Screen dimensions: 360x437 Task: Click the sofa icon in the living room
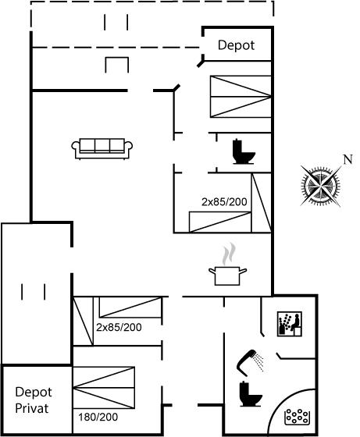point(102,148)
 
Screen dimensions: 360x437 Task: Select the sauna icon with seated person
point(290,324)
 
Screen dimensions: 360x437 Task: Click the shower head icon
point(250,361)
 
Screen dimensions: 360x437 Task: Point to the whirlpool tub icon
point(297,417)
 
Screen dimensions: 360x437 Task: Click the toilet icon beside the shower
point(251,394)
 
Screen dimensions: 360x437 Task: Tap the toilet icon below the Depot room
point(244,151)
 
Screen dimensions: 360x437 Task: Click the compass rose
point(321,185)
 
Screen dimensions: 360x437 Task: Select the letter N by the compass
point(348,159)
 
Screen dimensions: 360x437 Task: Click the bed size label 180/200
point(98,417)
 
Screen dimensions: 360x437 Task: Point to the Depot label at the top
point(236,45)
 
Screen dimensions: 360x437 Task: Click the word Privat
point(32,408)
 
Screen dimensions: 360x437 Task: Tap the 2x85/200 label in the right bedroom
point(224,201)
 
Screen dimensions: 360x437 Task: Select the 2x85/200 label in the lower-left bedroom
point(119,327)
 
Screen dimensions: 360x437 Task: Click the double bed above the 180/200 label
point(104,388)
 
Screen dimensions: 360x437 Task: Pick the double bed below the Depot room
point(241,97)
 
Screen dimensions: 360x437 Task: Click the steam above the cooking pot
point(229,254)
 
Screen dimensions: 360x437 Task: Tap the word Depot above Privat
point(34,392)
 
